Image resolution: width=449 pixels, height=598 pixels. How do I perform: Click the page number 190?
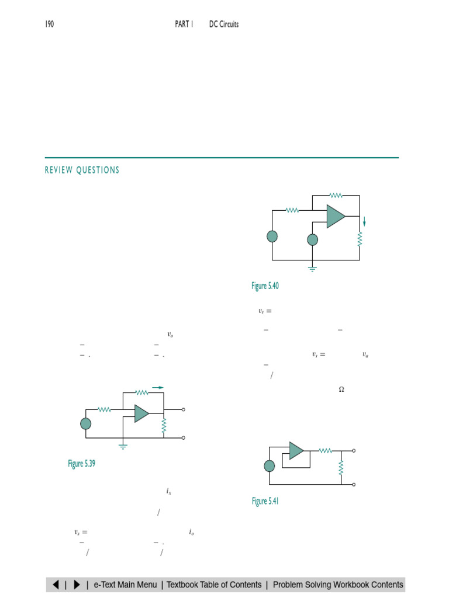coord(50,24)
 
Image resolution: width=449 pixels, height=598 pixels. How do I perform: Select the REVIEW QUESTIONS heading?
coord(82,170)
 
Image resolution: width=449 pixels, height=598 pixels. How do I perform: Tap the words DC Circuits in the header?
coord(224,24)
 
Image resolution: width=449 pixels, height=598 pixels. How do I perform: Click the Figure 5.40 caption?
coord(265,286)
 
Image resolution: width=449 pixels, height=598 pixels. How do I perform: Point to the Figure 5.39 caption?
coord(81,463)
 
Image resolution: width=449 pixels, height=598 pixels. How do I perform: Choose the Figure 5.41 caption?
coord(265,500)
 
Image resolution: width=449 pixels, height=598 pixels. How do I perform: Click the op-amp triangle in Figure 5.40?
coord(336,216)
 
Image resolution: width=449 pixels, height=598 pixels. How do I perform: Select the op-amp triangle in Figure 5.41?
coord(296,451)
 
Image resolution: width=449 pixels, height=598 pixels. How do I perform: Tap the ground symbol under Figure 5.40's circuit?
coord(312,269)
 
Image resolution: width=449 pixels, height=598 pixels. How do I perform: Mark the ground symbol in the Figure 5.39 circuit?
coord(123,447)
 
